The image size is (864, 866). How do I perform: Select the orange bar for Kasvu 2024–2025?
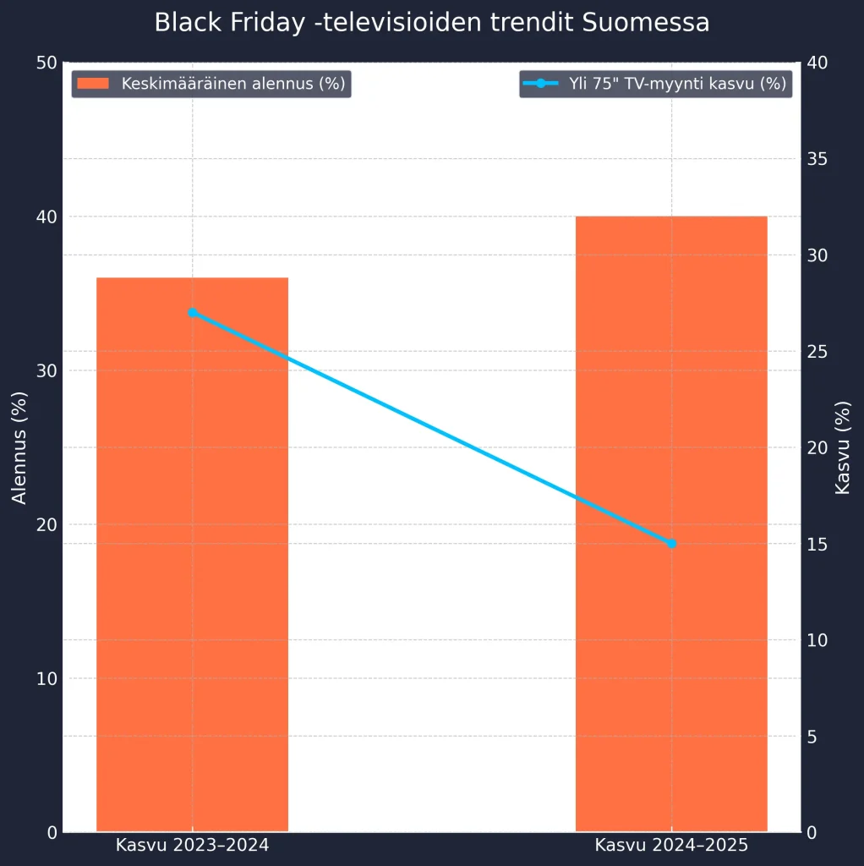point(671,523)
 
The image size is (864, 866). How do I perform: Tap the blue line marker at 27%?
point(192,313)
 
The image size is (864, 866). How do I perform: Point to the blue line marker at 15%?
point(671,543)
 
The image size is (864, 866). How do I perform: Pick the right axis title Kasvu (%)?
point(842,447)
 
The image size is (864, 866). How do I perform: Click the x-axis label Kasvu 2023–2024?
point(192,845)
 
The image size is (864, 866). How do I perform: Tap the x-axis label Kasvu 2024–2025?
point(671,845)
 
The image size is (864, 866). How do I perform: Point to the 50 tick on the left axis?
point(47,63)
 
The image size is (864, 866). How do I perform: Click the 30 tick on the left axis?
point(47,370)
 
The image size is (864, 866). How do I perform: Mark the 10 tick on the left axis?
point(47,678)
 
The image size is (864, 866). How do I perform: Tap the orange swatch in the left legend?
point(93,84)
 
